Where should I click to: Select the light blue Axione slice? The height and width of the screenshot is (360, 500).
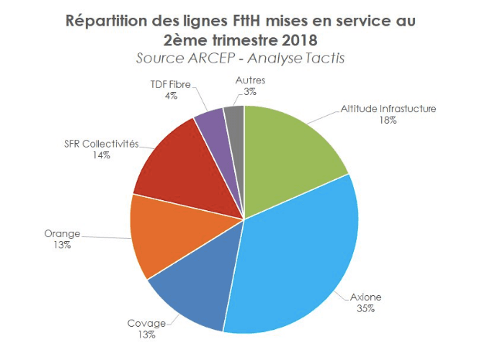tap(301, 255)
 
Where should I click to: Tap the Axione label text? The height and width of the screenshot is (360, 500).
tap(366, 297)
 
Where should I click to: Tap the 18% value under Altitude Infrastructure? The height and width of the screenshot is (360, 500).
tap(387, 121)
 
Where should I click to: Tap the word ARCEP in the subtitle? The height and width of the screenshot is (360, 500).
tap(202, 58)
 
